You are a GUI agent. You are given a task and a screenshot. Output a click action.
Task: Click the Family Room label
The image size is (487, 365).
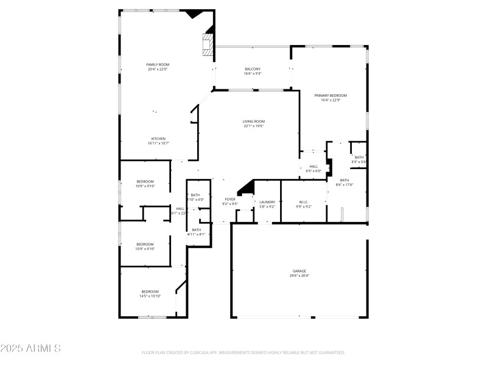click(x=157, y=64)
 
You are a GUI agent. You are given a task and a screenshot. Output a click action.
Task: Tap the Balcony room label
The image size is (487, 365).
click(x=253, y=69)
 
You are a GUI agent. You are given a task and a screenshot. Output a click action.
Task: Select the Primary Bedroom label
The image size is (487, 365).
click(x=331, y=96)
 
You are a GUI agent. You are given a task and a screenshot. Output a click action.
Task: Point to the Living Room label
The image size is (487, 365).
click(x=254, y=121)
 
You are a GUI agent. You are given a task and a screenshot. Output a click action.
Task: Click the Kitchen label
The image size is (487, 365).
click(x=158, y=139)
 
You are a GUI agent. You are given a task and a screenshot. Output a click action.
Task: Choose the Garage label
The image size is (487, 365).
click(x=299, y=271)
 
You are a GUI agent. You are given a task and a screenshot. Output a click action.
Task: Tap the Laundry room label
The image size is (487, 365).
click(x=267, y=202)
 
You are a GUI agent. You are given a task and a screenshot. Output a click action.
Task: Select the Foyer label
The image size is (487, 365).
click(x=230, y=200)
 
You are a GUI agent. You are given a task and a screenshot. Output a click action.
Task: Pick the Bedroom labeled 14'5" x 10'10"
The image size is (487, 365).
click(x=150, y=291)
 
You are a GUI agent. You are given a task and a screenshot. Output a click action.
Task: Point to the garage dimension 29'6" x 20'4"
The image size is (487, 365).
click(x=299, y=276)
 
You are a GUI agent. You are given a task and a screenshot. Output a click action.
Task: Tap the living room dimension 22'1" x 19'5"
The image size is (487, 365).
click(x=254, y=126)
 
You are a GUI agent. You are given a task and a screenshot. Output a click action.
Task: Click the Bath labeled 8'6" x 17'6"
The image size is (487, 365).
click(x=345, y=180)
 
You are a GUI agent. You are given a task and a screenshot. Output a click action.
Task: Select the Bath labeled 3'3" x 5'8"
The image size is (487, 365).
click(x=359, y=158)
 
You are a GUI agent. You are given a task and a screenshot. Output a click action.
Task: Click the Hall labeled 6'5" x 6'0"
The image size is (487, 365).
click(x=314, y=166)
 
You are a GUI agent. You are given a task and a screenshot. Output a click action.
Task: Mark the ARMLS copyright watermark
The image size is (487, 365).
click(x=30, y=349)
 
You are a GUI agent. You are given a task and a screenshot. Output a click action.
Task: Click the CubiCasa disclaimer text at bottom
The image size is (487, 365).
click(x=243, y=353)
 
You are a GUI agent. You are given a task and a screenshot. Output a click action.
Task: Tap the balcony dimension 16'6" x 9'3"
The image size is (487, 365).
click(x=253, y=74)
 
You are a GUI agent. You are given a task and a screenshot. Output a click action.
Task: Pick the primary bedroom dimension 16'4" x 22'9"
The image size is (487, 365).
click(x=331, y=100)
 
